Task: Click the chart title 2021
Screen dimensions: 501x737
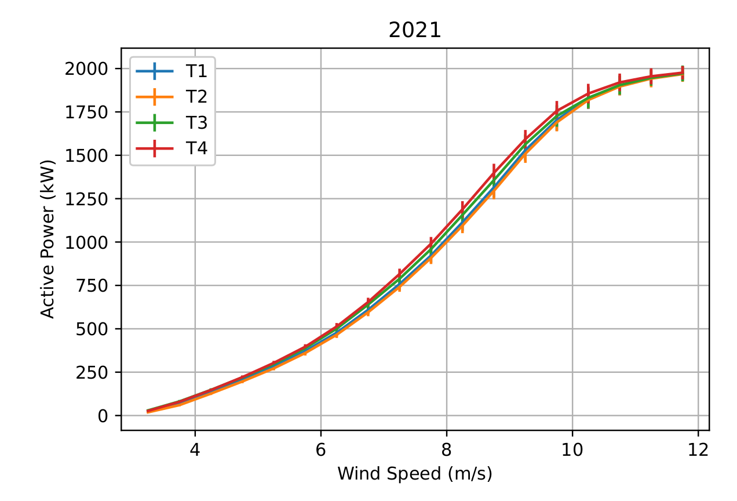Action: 415,31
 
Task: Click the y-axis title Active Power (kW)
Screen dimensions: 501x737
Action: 48,239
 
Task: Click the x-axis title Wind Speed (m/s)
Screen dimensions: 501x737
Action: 415,474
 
